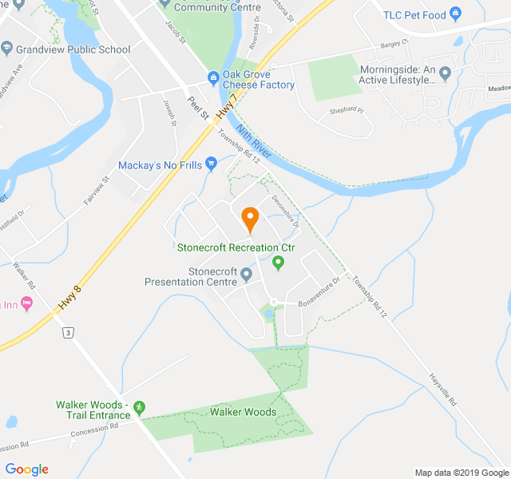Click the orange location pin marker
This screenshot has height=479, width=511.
point(249,217)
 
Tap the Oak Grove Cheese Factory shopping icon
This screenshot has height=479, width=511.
point(213,77)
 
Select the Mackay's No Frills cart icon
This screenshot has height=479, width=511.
point(211,164)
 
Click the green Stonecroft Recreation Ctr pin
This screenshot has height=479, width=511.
point(278,262)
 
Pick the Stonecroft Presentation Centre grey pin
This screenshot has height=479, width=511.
point(246,275)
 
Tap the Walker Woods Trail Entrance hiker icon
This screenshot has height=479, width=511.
point(140,408)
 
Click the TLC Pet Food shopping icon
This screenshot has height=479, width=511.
point(455,14)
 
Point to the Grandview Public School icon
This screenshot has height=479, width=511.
point(6,49)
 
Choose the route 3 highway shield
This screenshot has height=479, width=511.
point(69,332)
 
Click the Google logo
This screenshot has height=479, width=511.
point(27,469)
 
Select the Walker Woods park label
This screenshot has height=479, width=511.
point(243,412)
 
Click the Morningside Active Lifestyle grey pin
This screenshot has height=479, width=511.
point(445,73)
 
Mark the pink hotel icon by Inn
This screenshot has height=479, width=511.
point(27,304)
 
